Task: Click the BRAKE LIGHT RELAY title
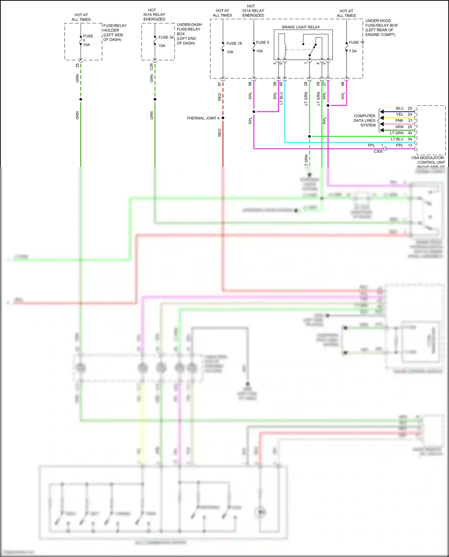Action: (x=301, y=27)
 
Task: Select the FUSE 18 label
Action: (x=234, y=44)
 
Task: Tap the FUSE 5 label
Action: (x=263, y=43)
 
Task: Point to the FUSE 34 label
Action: (x=166, y=37)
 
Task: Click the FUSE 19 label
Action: (x=356, y=43)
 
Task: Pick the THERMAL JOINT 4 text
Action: (x=203, y=118)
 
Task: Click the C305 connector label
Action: (x=378, y=151)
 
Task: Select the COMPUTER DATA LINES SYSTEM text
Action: (x=364, y=121)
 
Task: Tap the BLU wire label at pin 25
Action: (x=400, y=108)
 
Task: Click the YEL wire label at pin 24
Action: (x=400, y=114)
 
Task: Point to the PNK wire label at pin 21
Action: (x=399, y=121)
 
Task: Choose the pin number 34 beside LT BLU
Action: (x=410, y=139)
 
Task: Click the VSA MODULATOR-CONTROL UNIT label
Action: (x=428, y=160)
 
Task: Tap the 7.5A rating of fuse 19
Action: (x=353, y=51)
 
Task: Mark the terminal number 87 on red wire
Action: (x=219, y=84)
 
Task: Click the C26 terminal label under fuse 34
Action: (x=151, y=67)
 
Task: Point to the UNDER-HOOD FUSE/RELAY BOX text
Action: (x=381, y=28)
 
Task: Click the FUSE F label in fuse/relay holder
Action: (x=88, y=38)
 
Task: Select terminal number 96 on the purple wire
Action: (x=250, y=84)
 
